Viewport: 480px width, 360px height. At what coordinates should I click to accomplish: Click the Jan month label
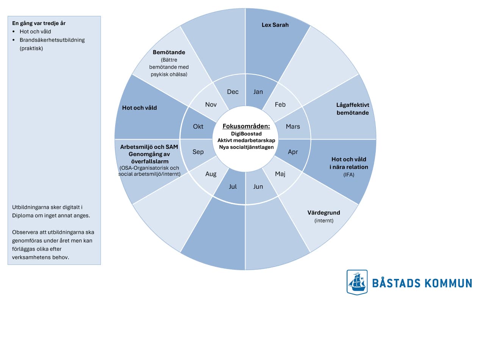pyautogui.click(x=258, y=92)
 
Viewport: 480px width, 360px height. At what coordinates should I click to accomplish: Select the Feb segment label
pyautogui.click(x=280, y=104)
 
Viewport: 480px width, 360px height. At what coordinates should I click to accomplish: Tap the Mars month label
pyautogui.click(x=293, y=127)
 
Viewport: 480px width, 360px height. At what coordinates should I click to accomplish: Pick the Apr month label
pyautogui.click(x=293, y=152)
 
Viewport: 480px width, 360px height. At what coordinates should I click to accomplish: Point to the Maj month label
pyautogui.click(x=280, y=174)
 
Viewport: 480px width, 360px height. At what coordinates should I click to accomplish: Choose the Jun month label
pyautogui.click(x=258, y=186)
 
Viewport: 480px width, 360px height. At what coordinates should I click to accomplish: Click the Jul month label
pyautogui.click(x=233, y=186)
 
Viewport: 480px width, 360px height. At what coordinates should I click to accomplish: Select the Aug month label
pyautogui.click(x=211, y=174)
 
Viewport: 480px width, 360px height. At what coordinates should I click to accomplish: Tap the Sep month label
pyautogui.click(x=198, y=152)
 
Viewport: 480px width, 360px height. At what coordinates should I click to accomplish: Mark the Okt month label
pyautogui.click(x=198, y=127)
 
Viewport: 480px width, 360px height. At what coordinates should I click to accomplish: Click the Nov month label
pyautogui.click(x=211, y=104)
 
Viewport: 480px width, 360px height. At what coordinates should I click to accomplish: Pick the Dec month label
pyautogui.click(x=233, y=92)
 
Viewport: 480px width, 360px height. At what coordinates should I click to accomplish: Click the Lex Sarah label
pyautogui.click(x=275, y=25)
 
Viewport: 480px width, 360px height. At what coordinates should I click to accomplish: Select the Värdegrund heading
pyautogui.click(x=324, y=213)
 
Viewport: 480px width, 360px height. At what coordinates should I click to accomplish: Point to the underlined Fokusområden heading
pyautogui.click(x=246, y=126)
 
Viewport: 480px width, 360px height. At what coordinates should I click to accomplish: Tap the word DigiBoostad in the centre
pyautogui.click(x=246, y=134)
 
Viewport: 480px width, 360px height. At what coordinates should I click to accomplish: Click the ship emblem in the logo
pyautogui.click(x=357, y=282)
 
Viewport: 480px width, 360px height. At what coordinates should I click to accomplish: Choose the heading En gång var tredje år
pyautogui.click(x=39, y=23)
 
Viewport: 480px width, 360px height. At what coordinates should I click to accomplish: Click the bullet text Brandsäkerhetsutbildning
pyautogui.click(x=52, y=40)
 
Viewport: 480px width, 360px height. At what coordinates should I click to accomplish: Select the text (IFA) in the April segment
pyautogui.click(x=349, y=175)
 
